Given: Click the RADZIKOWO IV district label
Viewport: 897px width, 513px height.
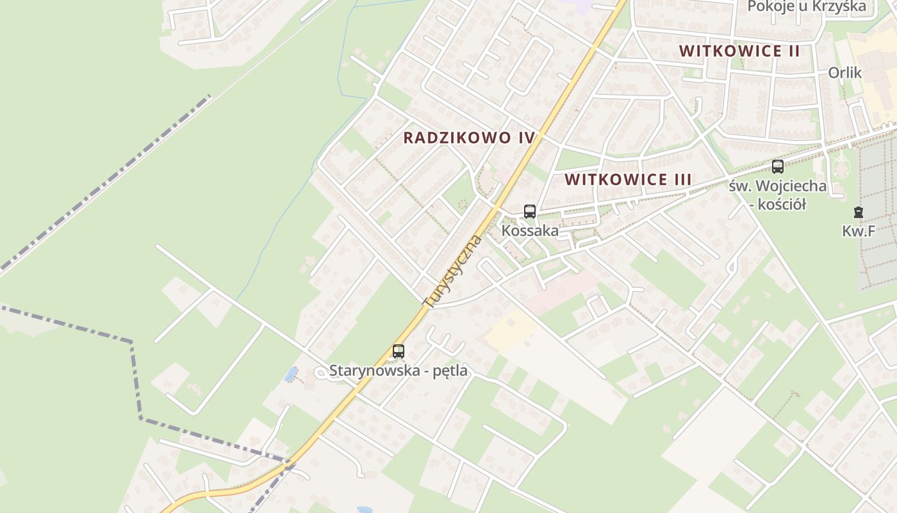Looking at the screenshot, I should click(469, 138).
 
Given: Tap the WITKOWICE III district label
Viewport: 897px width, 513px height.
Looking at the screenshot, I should click(628, 180).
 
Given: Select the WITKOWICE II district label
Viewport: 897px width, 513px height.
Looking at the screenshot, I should click(739, 51).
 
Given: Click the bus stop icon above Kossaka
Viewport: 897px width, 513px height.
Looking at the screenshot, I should click(529, 212).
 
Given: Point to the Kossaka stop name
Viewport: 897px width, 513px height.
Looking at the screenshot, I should click(530, 231).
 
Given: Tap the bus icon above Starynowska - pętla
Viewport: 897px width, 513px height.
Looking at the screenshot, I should click(399, 351).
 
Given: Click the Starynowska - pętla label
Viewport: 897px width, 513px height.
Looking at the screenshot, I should click(398, 371).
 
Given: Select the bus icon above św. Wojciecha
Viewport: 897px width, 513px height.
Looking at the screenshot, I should click(777, 167).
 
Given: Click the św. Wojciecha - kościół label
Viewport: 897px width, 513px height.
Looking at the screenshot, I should click(777, 195).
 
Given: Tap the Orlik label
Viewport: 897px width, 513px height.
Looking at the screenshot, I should click(844, 72).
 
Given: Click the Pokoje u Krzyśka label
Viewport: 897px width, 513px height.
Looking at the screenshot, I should click(807, 6).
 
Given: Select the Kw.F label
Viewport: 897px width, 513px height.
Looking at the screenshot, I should click(859, 231).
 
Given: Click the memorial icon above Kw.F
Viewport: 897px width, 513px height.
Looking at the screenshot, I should click(858, 212).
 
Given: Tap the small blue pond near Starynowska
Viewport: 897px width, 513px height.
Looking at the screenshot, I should click(291, 374).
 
